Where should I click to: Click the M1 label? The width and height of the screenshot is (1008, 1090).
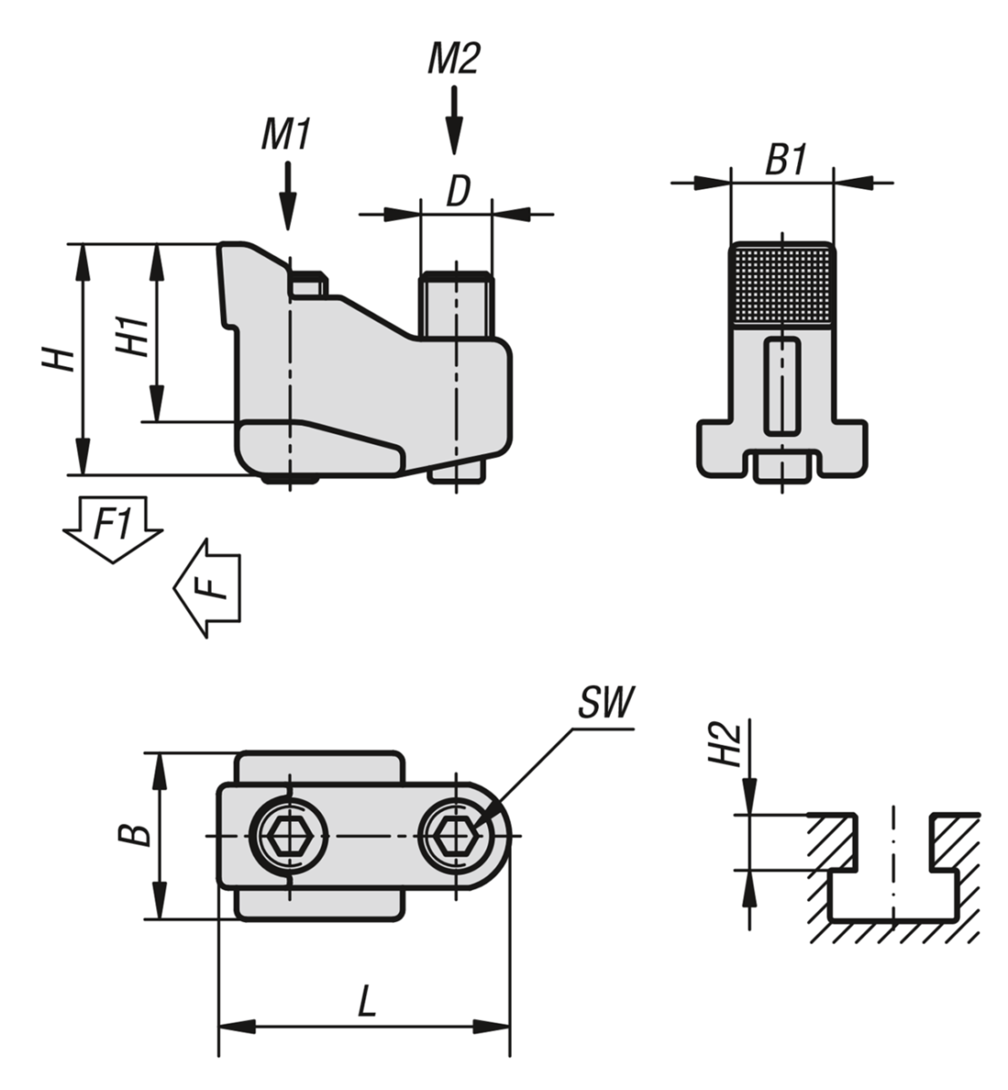[x=286, y=135]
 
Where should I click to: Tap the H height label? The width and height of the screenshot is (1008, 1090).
[x=60, y=359]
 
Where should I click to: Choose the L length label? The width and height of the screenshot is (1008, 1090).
[x=365, y=1003]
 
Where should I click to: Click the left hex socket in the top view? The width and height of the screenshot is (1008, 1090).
[x=288, y=834]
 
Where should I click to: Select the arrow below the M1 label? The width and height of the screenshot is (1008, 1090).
[x=287, y=196]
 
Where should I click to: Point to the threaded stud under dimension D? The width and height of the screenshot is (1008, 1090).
[x=454, y=305]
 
